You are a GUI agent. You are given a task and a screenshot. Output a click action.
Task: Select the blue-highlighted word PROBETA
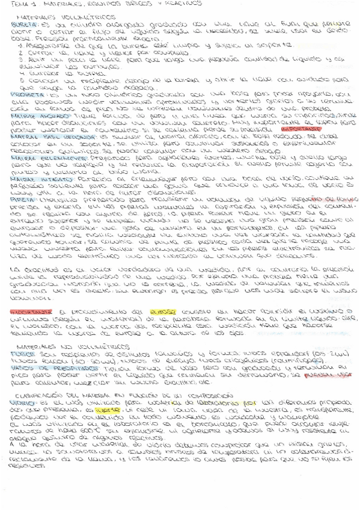click(23, 95)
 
